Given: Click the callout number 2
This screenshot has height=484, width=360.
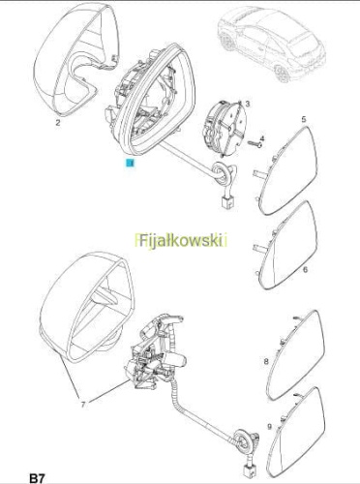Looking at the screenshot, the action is tap(58, 123).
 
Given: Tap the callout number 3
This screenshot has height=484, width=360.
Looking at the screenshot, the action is tap(248, 104).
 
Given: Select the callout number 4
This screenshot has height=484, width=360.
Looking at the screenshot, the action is tap(262, 139).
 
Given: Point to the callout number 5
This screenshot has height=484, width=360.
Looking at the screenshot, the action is tap(304, 120).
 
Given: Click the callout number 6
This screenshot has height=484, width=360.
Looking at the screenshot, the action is tap(305, 269).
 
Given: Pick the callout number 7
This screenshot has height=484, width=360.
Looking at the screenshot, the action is tap(83, 405).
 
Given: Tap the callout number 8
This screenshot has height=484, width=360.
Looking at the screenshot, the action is tap(266, 361).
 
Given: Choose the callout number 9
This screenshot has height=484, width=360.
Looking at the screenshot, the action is tap(270, 427).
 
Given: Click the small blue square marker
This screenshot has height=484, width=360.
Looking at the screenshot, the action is tap(130, 164).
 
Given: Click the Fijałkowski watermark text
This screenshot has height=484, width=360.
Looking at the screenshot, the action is tap(181, 240).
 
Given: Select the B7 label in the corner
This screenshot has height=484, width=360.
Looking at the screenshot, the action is tap(38, 478).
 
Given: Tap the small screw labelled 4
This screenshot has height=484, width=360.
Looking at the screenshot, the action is tap(255, 144).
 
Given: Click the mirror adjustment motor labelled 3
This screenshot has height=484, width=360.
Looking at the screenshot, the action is tap(224, 128).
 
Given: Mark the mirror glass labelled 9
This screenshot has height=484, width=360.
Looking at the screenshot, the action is tap(297, 434).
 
